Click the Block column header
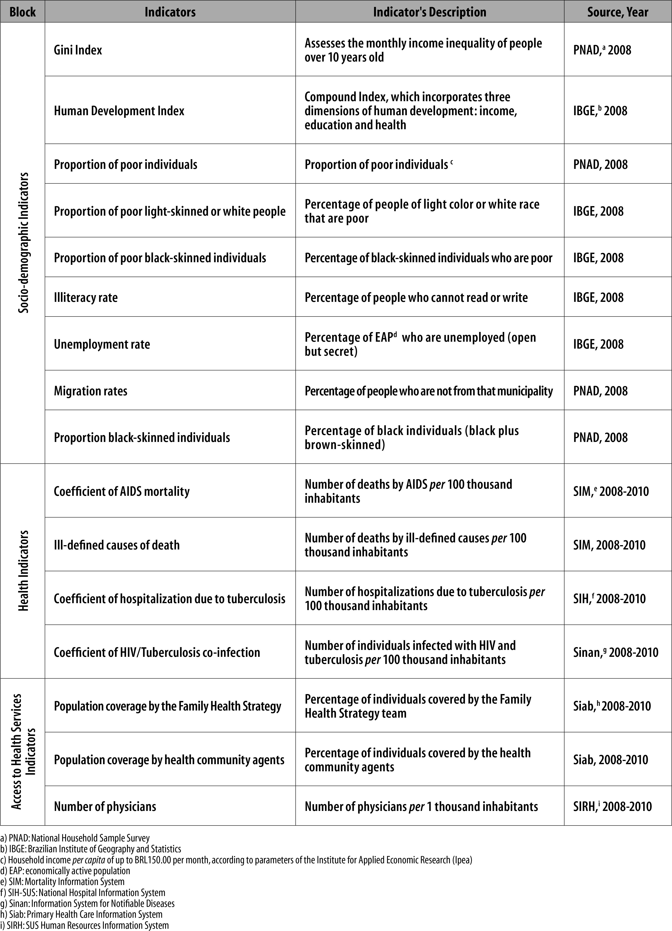[23, 12]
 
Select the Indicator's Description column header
[429, 12]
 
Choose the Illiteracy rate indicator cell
[86, 297]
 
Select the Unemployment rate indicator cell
[102, 344]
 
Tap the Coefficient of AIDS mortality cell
[122, 491]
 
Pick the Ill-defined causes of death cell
[117, 545]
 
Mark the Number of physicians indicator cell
[105, 806]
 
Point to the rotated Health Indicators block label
[24, 571]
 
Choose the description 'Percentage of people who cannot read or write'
[416, 297]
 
